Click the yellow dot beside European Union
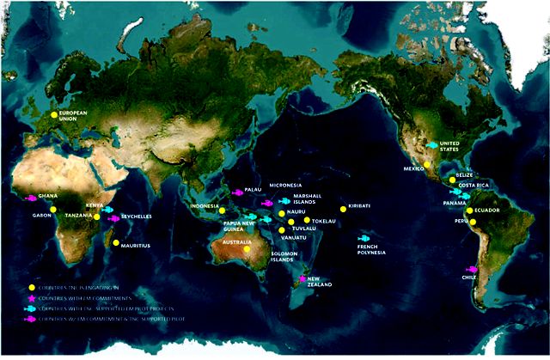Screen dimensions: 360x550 tap(53, 113)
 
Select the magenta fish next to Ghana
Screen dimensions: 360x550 tap(32, 198)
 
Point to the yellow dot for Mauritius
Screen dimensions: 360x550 tap(115, 243)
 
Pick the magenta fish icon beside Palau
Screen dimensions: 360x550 tap(237, 192)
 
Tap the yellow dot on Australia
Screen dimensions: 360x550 tap(247, 250)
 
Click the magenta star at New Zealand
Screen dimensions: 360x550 tap(302, 280)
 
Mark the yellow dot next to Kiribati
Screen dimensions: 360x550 tap(343, 208)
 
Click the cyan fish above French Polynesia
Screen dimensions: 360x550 tap(364, 238)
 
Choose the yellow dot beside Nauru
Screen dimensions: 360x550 tap(281, 212)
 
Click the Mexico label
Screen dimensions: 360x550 tap(414, 168)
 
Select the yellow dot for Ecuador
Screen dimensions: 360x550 tap(469, 211)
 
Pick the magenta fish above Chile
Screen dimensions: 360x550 tap(471, 269)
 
